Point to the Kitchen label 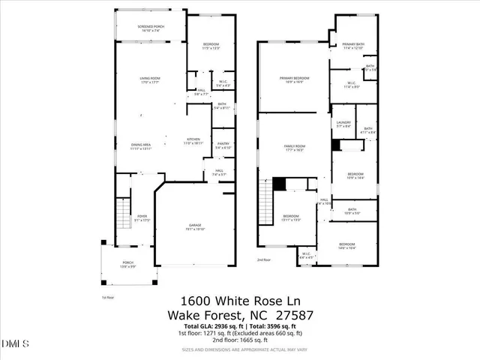click(x=193, y=139)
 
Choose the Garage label click(x=194, y=226)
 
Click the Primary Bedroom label click(x=294, y=79)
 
